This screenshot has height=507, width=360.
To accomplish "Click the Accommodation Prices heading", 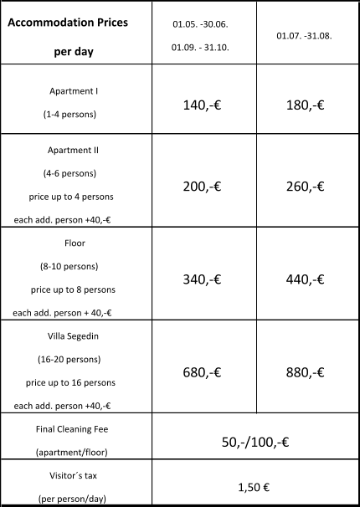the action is click(68, 23).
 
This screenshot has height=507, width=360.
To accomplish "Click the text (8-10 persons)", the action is click(69, 266).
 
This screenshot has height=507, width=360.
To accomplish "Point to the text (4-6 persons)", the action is click(69, 173).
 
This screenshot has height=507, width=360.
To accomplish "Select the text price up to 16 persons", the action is click(71, 382).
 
